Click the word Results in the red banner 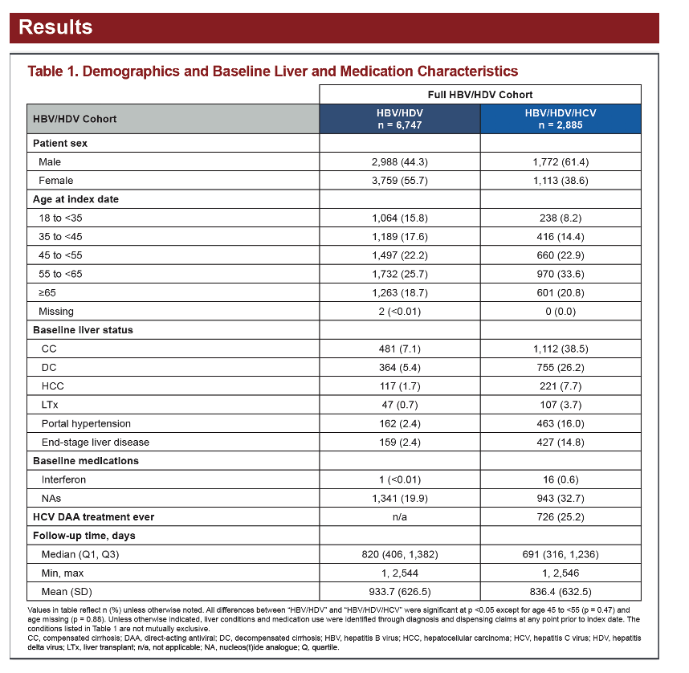click(x=55, y=27)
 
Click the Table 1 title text click(x=273, y=71)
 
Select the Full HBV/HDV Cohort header click(x=480, y=95)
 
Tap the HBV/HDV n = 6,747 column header click(x=400, y=119)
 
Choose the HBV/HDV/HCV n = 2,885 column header click(x=561, y=119)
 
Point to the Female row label click(x=55, y=180)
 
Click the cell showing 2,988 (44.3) click(x=400, y=161)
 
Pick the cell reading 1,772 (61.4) click(x=561, y=161)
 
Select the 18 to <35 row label click(x=60, y=218)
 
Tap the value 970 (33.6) click(x=561, y=274)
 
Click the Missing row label click(x=56, y=312)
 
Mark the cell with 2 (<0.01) click(x=400, y=312)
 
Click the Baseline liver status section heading click(x=83, y=330)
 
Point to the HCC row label click(x=53, y=386)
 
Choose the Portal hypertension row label click(x=86, y=423)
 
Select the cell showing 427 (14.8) click(x=561, y=443)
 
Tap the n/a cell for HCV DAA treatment click(x=400, y=517)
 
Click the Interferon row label click(x=63, y=479)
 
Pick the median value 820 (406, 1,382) click(x=400, y=554)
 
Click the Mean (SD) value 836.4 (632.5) click(x=561, y=592)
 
